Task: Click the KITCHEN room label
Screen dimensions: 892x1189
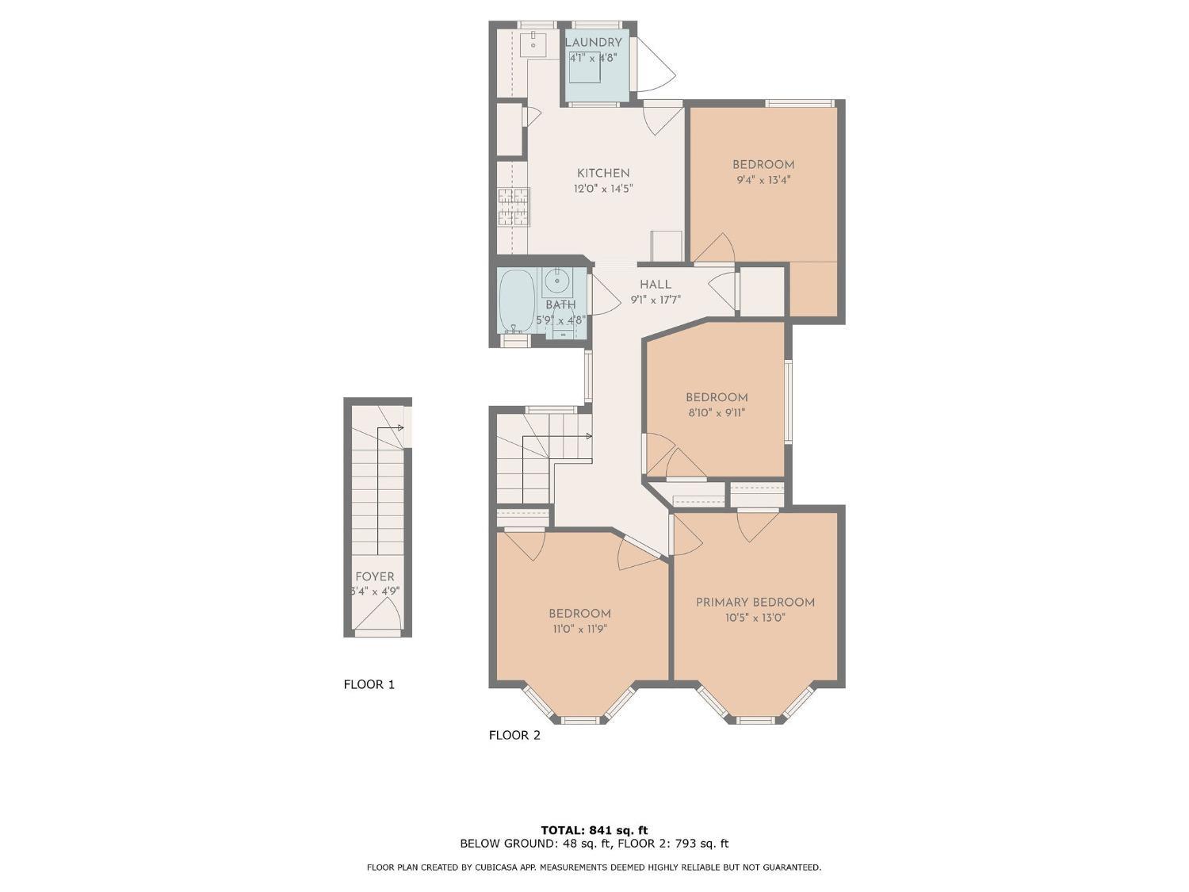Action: pyautogui.click(x=603, y=173)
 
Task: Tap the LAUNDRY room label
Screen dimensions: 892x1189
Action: pyautogui.click(x=593, y=42)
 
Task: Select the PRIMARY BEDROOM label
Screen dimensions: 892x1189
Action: pyautogui.click(x=755, y=602)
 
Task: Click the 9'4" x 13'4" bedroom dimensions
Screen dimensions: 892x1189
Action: pyautogui.click(x=763, y=180)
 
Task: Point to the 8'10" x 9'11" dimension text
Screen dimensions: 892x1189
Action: pyautogui.click(x=717, y=412)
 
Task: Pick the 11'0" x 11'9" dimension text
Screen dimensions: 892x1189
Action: pyautogui.click(x=579, y=629)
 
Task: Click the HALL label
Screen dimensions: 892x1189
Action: pyautogui.click(x=656, y=284)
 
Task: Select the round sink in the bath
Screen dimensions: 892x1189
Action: pyautogui.click(x=557, y=280)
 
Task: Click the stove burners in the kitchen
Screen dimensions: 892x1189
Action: pyautogui.click(x=513, y=206)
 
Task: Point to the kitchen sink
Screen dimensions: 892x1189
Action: pyautogui.click(x=533, y=44)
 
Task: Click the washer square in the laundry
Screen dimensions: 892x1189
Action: pyautogui.click(x=585, y=67)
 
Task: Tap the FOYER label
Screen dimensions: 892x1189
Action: pyautogui.click(x=374, y=576)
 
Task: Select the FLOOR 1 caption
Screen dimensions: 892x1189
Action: pyautogui.click(x=369, y=683)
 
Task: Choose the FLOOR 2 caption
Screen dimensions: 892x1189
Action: pyautogui.click(x=514, y=735)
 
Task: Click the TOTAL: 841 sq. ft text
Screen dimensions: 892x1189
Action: pyautogui.click(x=594, y=830)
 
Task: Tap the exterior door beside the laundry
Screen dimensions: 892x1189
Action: pyautogui.click(x=655, y=63)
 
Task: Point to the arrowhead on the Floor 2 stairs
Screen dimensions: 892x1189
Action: pyautogui.click(x=588, y=436)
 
